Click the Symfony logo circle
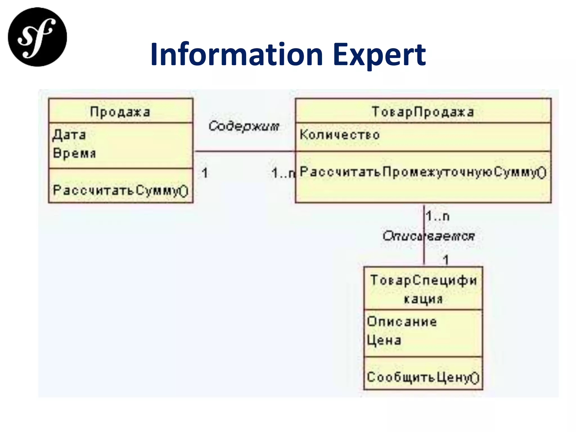[x=37, y=37]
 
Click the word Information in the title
[x=237, y=54]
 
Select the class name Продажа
[x=120, y=112]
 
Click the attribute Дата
[x=69, y=135]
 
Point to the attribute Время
[x=75, y=153]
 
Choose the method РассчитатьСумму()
[x=120, y=190]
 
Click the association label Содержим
[x=244, y=126]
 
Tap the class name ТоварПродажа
[x=423, y=112]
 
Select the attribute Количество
[x=340, y=135]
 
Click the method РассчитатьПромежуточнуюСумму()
[x=423, y=172]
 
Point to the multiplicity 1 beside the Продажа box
[x=205, y=173]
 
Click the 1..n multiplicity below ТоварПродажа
[x=438, y=216]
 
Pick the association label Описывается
[x=429, y=236]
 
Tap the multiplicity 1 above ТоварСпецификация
[x=446, y=259]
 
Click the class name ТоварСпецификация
[x=423, y=289]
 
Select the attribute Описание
[x=402, y=321]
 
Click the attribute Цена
[x=384, y=340]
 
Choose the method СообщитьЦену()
[x=423, y=377]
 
